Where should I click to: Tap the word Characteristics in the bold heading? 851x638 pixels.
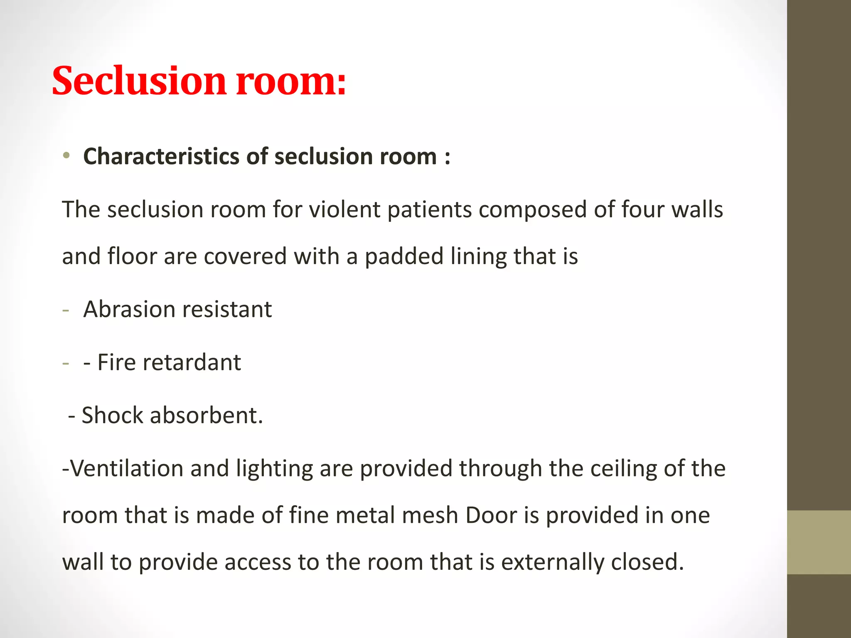tap(161, 157)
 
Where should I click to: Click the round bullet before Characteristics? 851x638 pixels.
tap(66, 156)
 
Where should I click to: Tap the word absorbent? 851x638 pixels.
tap(206, 415)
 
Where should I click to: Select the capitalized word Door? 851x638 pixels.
tap(491, 515)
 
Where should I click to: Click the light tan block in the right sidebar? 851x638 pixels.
tap(819, 542)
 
